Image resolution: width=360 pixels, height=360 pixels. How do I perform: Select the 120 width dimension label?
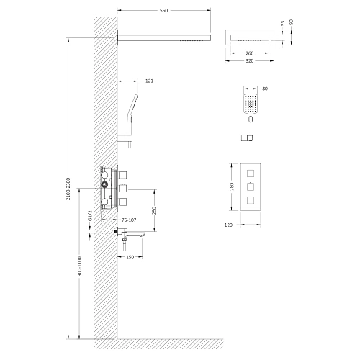click(228, 225)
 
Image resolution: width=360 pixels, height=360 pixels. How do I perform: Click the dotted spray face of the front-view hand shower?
click(250, 103)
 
